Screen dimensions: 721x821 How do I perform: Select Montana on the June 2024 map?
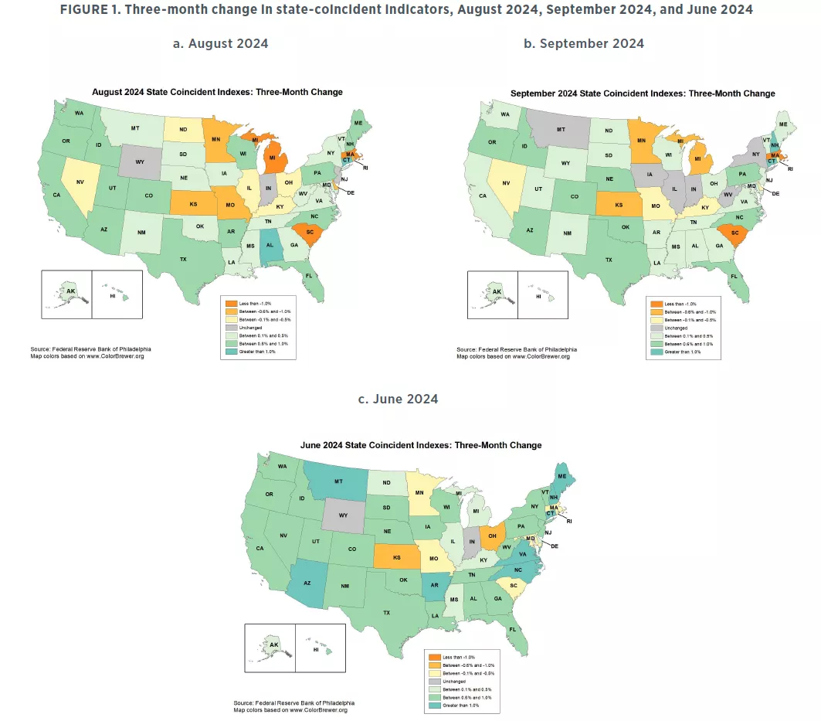point(339,482)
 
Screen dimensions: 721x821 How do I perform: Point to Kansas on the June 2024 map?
point(397,556)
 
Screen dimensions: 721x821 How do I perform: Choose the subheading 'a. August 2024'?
point(220,43)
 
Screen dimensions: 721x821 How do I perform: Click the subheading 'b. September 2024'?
point(583,43)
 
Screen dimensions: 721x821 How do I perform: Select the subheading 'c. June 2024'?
point(398,399)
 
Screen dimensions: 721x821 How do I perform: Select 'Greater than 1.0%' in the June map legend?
point(459,705)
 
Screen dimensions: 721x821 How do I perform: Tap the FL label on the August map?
point(307,275)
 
